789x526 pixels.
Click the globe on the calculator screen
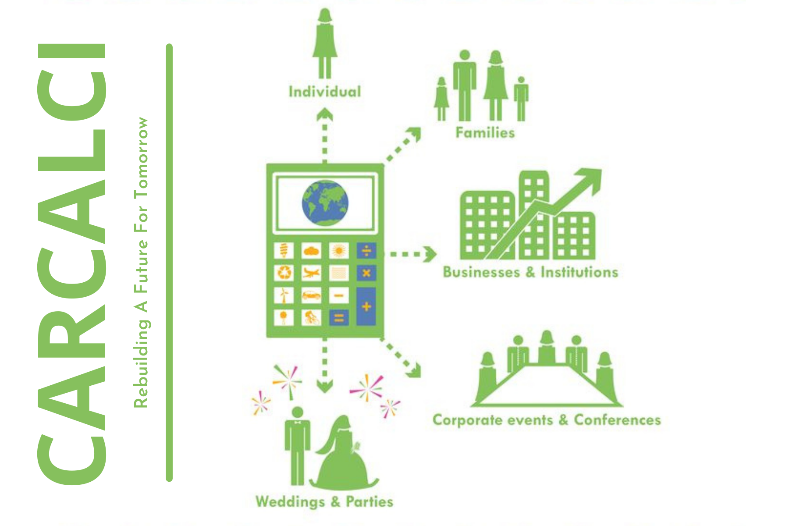(x=325, y=203)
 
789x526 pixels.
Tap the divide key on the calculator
(x=366, y=251)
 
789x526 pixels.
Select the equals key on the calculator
(x=338, y=318)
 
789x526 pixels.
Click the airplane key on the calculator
(x=311, y=273)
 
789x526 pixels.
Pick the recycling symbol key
(x=284, y=273)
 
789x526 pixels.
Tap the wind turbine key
(x=284, y=295)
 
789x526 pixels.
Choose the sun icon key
(x=338, y=251)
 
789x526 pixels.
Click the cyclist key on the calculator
(x=311, y=318)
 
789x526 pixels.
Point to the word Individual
(x=325, y=92)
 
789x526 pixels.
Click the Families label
(x=485, y=132)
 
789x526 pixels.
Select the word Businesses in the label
(x=481, y=272)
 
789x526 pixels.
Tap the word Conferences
(x=617, y=420)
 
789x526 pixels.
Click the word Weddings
(x=290, y=501)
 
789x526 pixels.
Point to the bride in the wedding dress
(x=344, y=456)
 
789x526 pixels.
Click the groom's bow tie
(x=298, y=423)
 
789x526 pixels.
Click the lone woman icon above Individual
(x=325, y=42)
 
